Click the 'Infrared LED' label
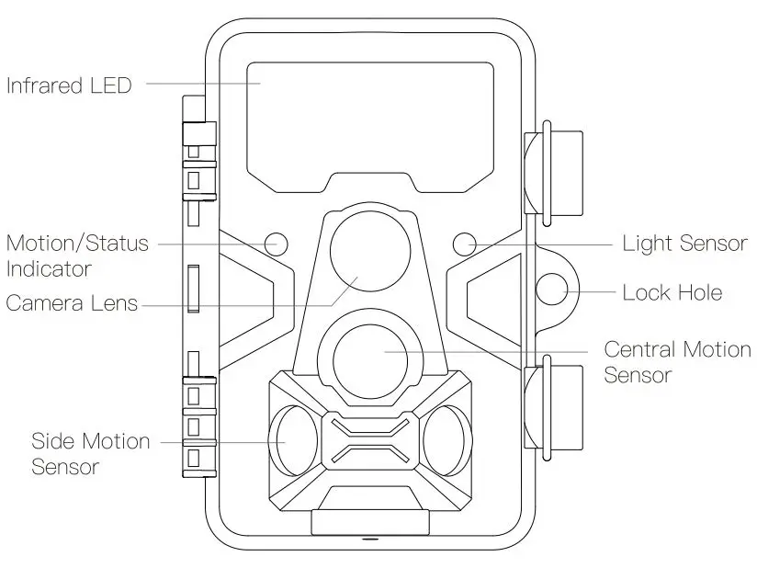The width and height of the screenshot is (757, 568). click(x=69, y=85)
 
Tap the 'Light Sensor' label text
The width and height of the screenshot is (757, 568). click(x=684, y=244)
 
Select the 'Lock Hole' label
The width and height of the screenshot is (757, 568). click(x=672, y=293)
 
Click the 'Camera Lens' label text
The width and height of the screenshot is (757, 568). click(x=72, y=302)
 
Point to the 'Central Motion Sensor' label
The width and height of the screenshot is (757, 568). click(x=676, y=361)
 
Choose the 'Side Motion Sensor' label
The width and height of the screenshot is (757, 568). click(x=90, y=453)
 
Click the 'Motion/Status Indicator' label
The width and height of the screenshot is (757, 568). click(x=75, y=256)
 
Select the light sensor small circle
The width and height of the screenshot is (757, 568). click(x=465, y=244)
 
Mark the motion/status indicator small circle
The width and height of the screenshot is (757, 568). click(x=276, y=244)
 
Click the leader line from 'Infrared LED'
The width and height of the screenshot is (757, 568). click(x=202, y=83)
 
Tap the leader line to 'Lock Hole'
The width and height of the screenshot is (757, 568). click(x=593, y=293)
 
